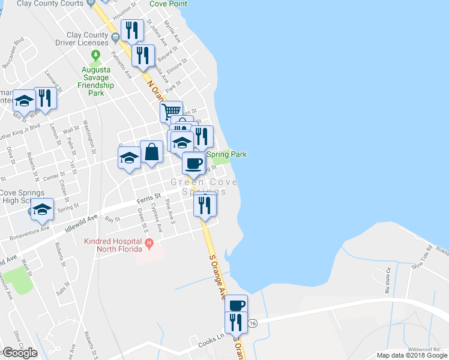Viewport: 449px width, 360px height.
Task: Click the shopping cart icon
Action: click(x=171, y=110)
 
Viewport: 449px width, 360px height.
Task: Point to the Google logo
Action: click(x=19, y=353)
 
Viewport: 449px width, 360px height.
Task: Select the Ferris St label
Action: click(x=149, y=196)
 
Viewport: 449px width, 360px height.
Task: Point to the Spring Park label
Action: click(x=227, y=154)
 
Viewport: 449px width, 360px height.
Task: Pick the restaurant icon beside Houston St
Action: click(x=131, y=29)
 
